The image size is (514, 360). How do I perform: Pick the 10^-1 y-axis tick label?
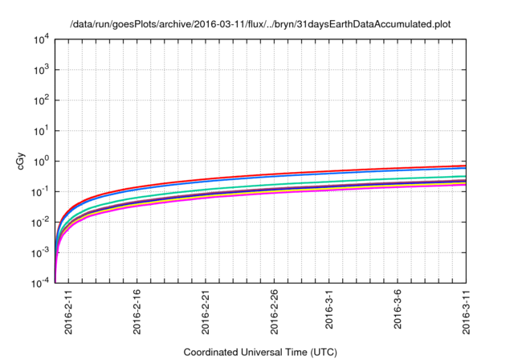(43, 191)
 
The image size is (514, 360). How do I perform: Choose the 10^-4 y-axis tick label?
(43, 282)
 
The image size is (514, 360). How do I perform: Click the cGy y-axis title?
(22, 162)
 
